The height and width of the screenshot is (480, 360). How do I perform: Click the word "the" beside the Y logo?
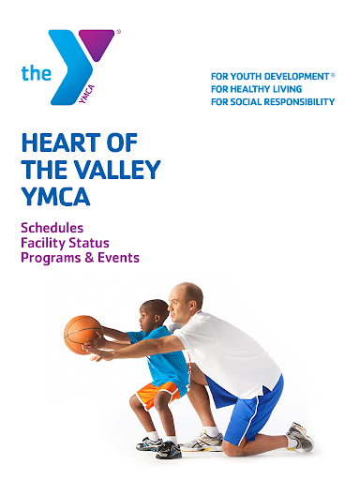tap(37, 73)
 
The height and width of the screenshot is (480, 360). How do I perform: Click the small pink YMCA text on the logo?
tap(86, 94)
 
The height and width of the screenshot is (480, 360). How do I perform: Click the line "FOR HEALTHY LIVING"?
tap(257, 89)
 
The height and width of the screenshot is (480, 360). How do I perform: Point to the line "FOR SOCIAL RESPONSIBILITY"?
tap(273, 102)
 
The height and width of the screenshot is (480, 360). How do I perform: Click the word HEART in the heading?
tap(61, 142)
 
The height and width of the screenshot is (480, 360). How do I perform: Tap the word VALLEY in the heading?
tap(117, 170)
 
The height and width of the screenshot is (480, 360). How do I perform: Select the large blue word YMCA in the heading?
tap(56, 196)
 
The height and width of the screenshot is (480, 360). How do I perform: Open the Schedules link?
tap(52, 228)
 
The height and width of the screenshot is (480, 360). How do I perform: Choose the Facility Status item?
tap(65, 243)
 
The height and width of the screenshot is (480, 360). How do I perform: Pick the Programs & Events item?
tap(80, 258)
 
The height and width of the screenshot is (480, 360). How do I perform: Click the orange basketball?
tap(83, 335)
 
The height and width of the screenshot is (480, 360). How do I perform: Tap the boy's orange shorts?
tap(158, 394)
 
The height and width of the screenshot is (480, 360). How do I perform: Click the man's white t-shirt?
tap(228, 353)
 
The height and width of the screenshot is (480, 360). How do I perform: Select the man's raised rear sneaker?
tap(300, 436)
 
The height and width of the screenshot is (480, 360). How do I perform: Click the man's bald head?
tap(186, 302)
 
